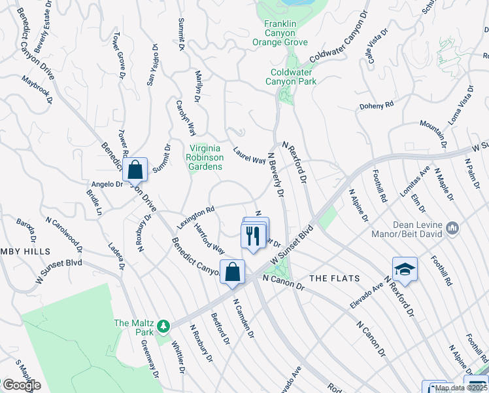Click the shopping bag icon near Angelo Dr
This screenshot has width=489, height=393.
[x=135, y=170]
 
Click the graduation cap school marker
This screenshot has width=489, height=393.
[x=405, y=269]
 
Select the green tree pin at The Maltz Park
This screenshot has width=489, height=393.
[x=166, y=324]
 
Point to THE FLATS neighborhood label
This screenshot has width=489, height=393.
[x=335, y=278]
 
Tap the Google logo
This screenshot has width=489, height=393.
[x=22, y=384]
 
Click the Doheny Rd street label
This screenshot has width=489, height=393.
[x=377, y=105]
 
